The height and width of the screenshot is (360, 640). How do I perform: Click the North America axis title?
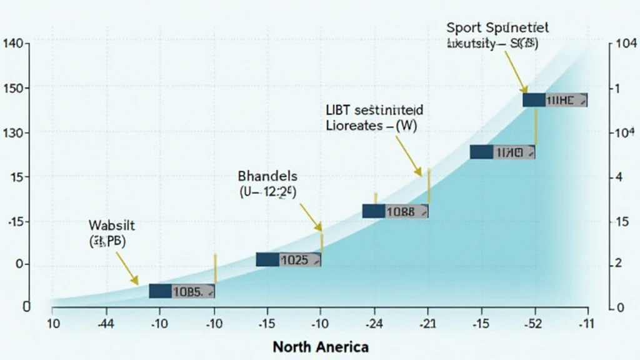tap(321, 346)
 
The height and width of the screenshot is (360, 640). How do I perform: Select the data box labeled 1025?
tap(289, 260)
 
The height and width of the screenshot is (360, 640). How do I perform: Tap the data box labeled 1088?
tap(395, 211)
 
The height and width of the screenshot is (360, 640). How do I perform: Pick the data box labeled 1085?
tap(182, 291)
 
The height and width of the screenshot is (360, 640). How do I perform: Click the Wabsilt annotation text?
tap(107, 233)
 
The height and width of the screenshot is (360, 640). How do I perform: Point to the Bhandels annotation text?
tap(267, 185)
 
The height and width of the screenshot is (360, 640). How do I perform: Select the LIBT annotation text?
tap(373, 117)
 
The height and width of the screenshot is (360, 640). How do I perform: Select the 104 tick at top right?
tap(626, 43)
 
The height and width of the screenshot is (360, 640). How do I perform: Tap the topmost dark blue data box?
tap(554, 100)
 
